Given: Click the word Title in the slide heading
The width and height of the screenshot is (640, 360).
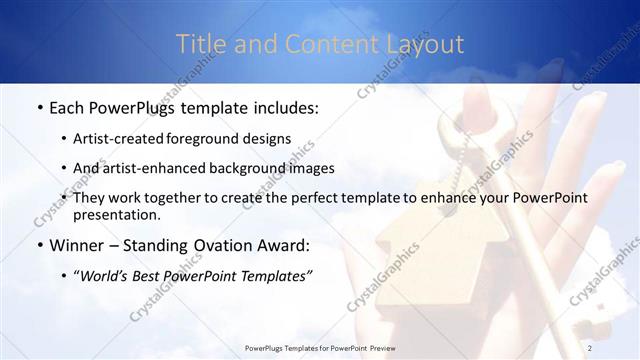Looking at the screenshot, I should click(x=200, y=45).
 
